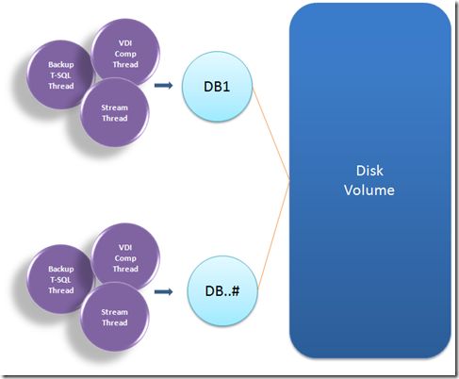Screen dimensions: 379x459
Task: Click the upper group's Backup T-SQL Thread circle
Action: click(59, 75)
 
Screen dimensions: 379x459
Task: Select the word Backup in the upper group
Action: click(60, 64)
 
